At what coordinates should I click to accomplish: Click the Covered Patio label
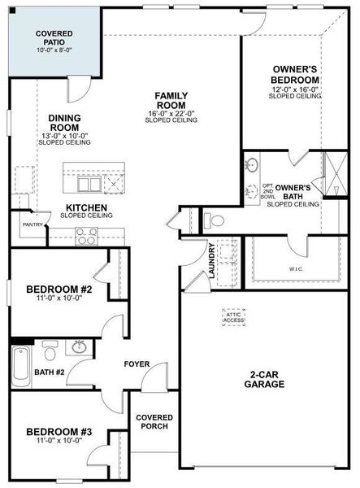[x=54, y=37]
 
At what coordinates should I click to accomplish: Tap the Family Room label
[x=171, y=101]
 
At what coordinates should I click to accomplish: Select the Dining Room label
[x=64, y=123]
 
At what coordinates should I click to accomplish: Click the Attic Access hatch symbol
[x=235, y=318]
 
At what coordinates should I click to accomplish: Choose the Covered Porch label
[x=154, y=421]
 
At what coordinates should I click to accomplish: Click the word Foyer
[x=136, y=364]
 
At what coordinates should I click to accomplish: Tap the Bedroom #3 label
[x=59, y=432]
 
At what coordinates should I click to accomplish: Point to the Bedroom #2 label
[x=59, y=290]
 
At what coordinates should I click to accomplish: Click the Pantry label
[x=32, y=224]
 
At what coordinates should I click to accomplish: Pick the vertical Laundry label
[x=211, y=260]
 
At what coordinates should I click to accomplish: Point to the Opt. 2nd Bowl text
[x=268, y=192]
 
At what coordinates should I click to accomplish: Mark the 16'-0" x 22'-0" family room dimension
[x=171, y=113]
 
